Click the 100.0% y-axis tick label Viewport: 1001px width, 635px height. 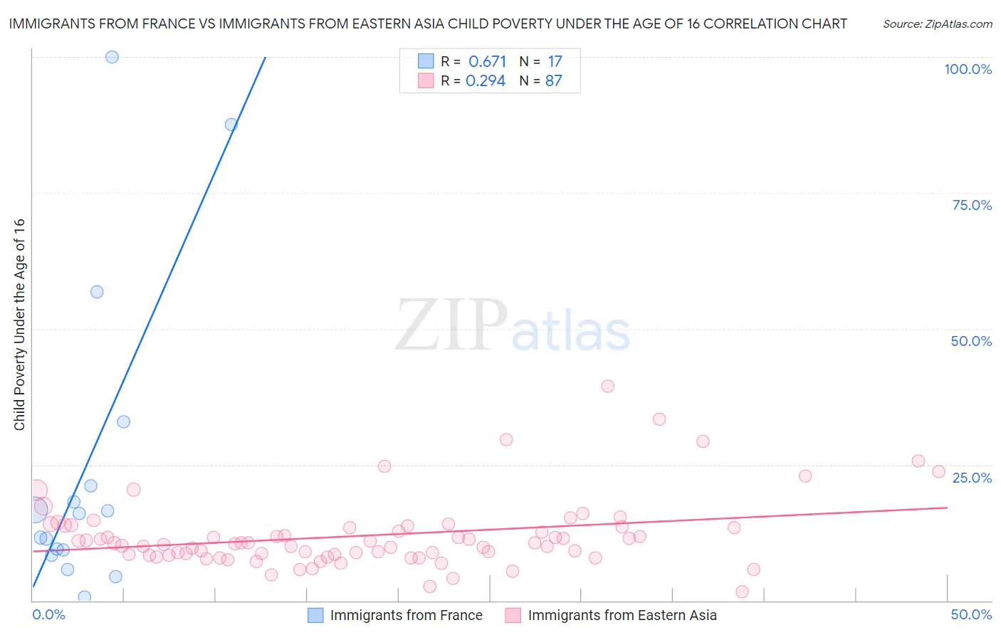pyautogui.click(x=968, y=69)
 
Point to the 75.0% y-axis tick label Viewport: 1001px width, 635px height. pyautogui.click(x=972, y=205)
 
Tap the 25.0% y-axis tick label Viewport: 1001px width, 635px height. pyautogui.click(x=972, y=478)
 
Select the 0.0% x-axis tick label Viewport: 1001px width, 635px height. pyautogui.click(x=48, y=614)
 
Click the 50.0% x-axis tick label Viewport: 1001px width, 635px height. pyautogui.click(x=971, y=614)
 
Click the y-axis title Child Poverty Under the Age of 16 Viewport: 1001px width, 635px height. pyautogui.click(x=19, y=325)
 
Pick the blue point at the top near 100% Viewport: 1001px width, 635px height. pyautogui.click(x=112, y=57)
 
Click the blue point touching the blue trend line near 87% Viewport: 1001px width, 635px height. pyautogui.click(x=231, y=125)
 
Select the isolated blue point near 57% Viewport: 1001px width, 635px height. pyautogui.click(x=97, y=292)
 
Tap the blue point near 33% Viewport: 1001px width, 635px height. pyautogui.click(x=124, y=421)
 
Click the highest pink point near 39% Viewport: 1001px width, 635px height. pyautogui.click(x=607, y=386)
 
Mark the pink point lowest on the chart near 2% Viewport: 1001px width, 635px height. pyautogui.click(x=742, y=592)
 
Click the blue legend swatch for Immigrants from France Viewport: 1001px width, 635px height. pyautogui.click(x=315, y=615)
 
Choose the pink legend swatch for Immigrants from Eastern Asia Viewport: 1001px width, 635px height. pyautogui.click(x=513, y=615)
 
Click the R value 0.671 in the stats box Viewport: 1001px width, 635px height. pyautogui.click(x=487, y=62)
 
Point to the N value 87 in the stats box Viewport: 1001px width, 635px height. pyautogui.click(x=553, y=81)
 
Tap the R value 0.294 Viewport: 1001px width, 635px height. pyautogui.click(x=486, y=81)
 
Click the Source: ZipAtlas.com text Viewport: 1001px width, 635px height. pyautogui.click(x=937, y=24)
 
